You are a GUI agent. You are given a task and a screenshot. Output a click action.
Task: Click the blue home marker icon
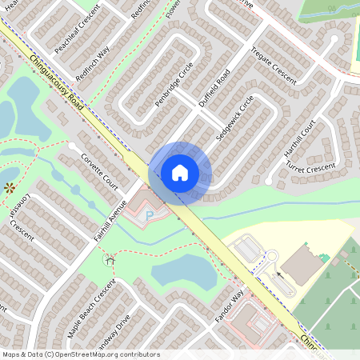pyautogui.click(x=180, y=172)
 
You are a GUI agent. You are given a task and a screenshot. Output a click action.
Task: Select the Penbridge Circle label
pyautogui.click(x=174, y=88)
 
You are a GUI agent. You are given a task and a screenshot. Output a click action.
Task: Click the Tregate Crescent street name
pyautogui.click(x=273, y=66)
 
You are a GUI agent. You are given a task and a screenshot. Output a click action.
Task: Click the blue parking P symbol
pyautogui.click(x=148, y=215)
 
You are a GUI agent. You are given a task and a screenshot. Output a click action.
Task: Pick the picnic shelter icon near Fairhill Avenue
pyautogui.click(x=109, y=259)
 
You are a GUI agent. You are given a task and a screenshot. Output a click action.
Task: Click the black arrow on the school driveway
pyautogui.click(x=279, y=275)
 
